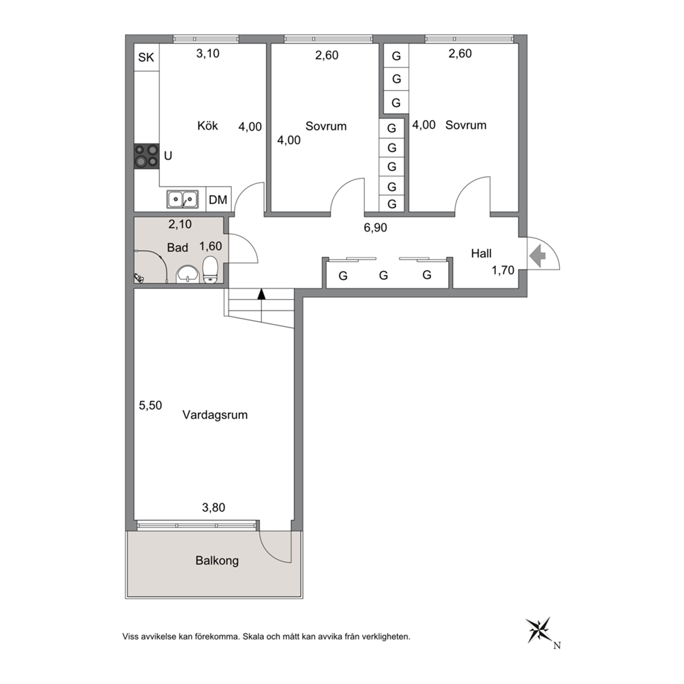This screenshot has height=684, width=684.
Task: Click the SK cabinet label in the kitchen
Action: (146, 57)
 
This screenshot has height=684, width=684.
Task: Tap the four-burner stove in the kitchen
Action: (146, 156)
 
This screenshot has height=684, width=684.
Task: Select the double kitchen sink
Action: (182, 199)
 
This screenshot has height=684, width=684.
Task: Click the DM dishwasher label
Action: (218, 200)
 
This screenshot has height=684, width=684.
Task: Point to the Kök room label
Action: (208, 125)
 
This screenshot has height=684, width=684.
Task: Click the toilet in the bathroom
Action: (211, 270)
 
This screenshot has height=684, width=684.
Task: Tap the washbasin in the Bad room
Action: (188, 274)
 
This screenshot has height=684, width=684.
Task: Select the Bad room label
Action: (177, 248)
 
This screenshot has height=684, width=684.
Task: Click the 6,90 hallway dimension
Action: (376, 228)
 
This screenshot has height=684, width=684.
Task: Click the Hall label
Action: (481, 254)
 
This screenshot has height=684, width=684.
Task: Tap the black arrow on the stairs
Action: (261, 294)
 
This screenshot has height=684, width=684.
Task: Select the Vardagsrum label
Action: (215, 414)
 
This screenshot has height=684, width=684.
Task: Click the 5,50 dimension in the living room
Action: (150, 405)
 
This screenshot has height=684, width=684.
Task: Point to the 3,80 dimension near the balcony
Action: (214, 507)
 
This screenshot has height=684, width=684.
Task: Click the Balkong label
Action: (217, 561)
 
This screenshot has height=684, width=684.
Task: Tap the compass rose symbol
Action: (539, 630)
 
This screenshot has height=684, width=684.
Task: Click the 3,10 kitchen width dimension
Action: (208, 54)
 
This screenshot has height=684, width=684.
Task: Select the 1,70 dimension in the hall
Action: (503, 270)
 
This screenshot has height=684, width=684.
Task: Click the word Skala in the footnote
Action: (253, 636)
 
